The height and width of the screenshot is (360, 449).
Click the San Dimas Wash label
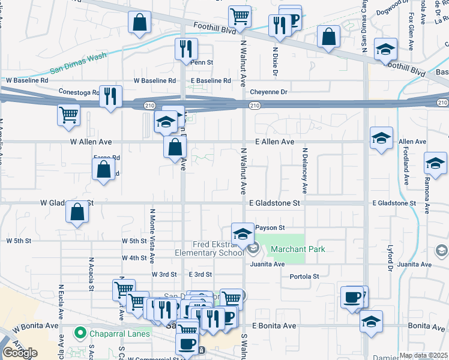pos(78,64)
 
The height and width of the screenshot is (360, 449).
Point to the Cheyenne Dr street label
pos(269,92)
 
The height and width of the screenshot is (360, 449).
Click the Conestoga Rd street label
pos(78,92)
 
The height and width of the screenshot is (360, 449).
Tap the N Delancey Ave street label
pos(305,170)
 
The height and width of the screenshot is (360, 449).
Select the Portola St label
pos(304,277)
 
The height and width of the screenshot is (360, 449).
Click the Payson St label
pos(269,228)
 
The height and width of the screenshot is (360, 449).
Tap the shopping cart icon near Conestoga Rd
pos(69,114)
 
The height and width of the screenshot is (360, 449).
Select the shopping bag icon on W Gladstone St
pos(77,212)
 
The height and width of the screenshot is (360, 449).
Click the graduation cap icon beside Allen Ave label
pos(381,139)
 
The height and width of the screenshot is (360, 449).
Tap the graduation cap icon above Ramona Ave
pos(435,162)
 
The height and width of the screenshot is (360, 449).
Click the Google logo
pos(19,353)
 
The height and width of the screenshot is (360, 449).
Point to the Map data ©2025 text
pos(423,355)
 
